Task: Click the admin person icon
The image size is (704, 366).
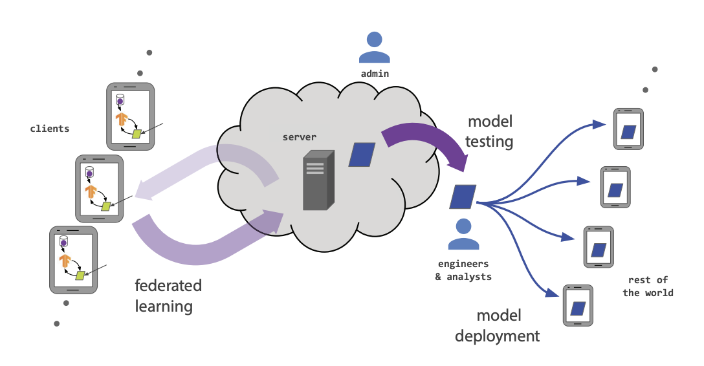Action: (375, 47)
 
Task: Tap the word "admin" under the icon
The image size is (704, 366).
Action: (375, 74)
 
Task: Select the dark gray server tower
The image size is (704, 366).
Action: (319, 180)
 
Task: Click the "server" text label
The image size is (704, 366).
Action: (300, 137)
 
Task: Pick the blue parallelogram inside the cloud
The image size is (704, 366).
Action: (362, 155)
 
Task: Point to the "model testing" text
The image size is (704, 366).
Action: (489, 131)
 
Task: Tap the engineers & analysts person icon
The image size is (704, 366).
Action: (463, 234)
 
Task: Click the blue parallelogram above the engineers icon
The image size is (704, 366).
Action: (463, 197)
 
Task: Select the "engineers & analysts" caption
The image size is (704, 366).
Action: (463, 270)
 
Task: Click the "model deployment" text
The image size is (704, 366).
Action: (498, 326)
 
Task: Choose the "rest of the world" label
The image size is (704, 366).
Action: (648, 286)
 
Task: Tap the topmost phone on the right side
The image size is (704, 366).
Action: (628, 129)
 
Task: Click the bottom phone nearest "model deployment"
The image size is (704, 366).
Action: (578, 305)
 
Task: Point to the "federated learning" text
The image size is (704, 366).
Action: (168, 296)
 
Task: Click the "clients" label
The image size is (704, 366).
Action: (50, 129)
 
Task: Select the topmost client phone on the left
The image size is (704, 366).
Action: (131, 116)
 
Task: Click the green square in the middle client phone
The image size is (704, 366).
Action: (106, 206)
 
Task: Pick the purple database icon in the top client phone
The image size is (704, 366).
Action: (120, 100)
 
